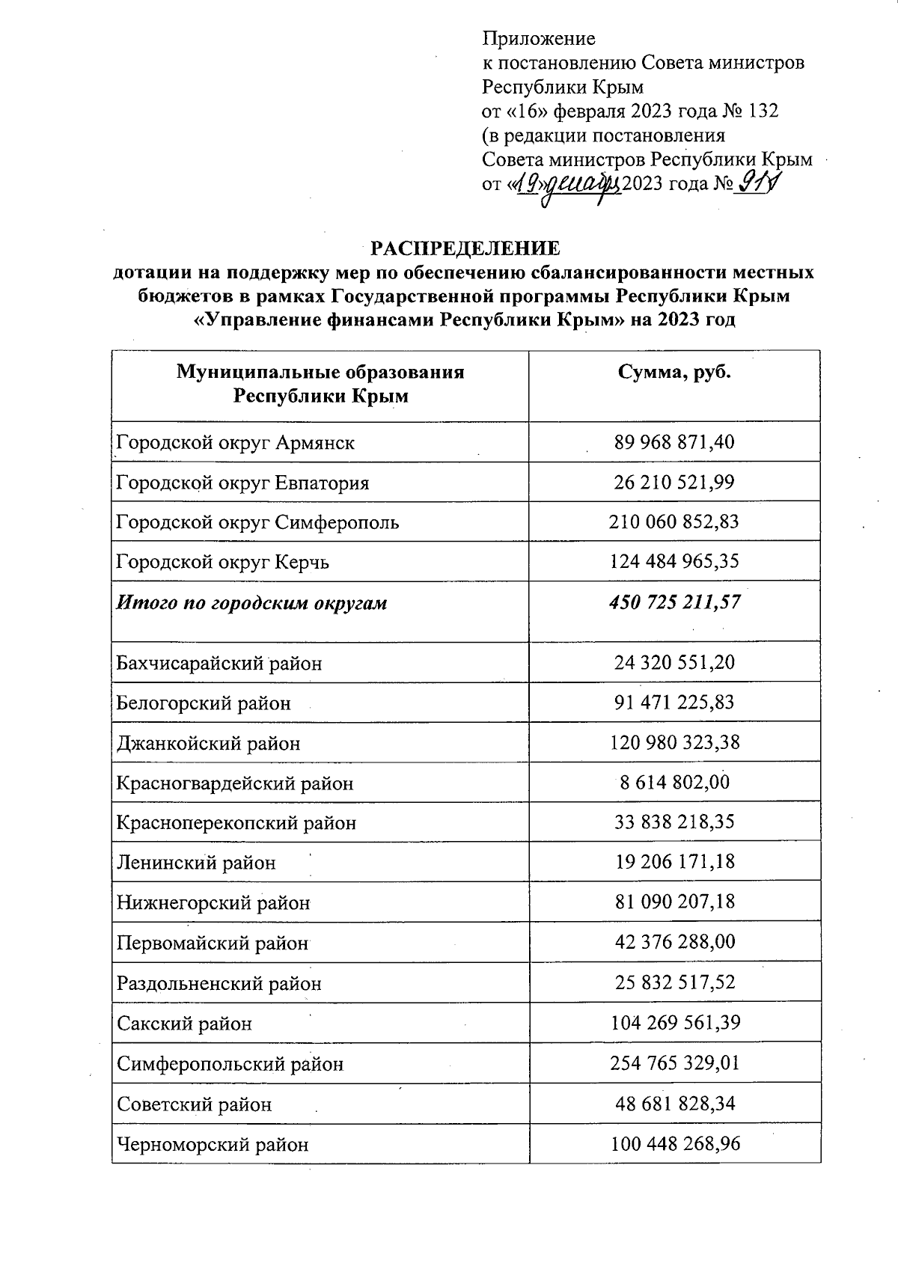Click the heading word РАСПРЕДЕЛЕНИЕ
coord(465,248)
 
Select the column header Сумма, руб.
coord(674,373)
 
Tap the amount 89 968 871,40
coord(674,442)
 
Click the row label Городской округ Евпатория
coord(242,483)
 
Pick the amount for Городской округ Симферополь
coord(674,522)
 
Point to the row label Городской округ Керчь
coord(222,562)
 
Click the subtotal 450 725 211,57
coord(674,602)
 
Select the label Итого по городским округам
coord(251,602)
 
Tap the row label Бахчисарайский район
coord(219,663)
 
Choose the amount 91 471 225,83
coord(674,703)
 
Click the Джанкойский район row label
coord(208,743)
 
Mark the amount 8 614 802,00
coord(674,783)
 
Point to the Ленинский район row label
coord(196,863)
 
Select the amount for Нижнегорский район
coord(674,902)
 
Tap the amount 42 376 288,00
coord(674,942)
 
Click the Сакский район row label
coord(184,1024)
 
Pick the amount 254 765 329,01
coord(674,1062)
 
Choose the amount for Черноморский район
coord(674,1143)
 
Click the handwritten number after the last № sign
coord(756,182)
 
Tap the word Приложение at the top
coord(539,38)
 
